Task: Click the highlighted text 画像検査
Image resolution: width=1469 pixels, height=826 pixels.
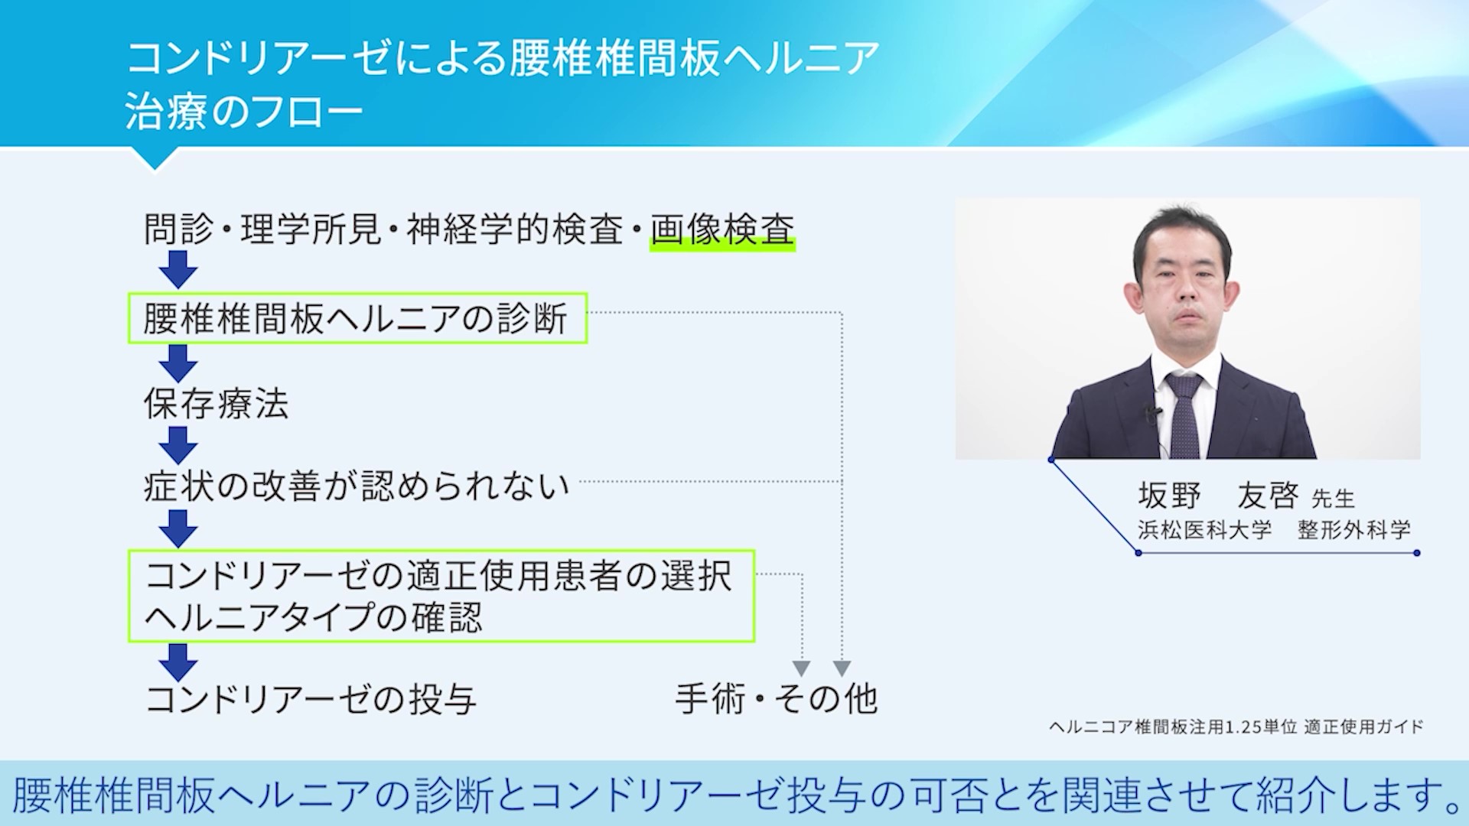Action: point(722,229)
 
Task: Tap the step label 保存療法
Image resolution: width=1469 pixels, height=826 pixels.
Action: point(217,404)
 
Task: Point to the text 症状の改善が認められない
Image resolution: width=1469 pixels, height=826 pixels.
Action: point(357,485)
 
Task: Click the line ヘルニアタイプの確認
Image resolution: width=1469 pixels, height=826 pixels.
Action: point(314,617)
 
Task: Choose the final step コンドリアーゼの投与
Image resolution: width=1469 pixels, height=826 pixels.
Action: point(311,699)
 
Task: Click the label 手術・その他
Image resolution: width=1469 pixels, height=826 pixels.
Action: point(776,698)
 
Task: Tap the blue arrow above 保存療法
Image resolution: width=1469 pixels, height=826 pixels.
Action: point(178,363)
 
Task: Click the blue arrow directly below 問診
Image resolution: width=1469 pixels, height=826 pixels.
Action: point(178,270)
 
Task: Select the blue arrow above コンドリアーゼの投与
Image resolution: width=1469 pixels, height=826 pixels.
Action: point(178,662)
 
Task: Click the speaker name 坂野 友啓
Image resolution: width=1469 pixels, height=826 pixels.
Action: point(1218,496)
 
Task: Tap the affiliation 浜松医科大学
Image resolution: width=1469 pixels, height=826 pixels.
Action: point(1204,529)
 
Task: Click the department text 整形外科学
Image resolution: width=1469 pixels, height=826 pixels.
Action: point(1354,529)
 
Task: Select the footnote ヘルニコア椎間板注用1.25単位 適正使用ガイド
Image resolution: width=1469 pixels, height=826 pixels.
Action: point(1236,727)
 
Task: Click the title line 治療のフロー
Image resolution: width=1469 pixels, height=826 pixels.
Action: point(244,112)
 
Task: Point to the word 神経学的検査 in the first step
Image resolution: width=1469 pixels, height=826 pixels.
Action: point(515,229)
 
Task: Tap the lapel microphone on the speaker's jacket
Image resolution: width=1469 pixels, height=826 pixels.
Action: point(1151,415)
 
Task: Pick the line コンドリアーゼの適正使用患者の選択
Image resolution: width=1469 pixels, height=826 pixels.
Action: point(438,576)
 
